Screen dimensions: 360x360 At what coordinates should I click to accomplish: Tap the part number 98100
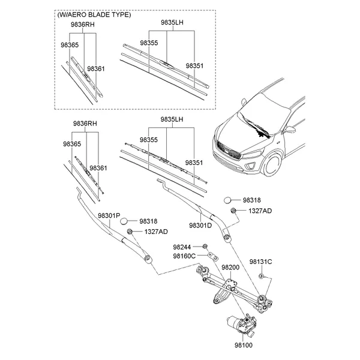244,346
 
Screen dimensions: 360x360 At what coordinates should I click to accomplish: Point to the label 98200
230,267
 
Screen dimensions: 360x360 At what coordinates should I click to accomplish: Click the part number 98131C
261,262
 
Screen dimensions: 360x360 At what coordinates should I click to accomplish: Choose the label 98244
182,247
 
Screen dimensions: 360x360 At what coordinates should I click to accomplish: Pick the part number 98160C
185,256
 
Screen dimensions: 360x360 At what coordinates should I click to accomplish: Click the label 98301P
109,215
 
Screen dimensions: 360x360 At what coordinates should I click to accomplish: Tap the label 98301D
200,225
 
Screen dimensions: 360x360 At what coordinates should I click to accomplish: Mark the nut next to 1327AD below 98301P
130,231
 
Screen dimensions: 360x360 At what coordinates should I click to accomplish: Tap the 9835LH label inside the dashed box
172,22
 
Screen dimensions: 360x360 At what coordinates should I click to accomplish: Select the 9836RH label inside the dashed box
83,25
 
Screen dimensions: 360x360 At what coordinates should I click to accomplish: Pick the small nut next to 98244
205,247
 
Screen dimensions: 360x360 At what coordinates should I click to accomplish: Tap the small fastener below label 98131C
262,276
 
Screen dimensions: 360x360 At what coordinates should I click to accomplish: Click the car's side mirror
289,128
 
